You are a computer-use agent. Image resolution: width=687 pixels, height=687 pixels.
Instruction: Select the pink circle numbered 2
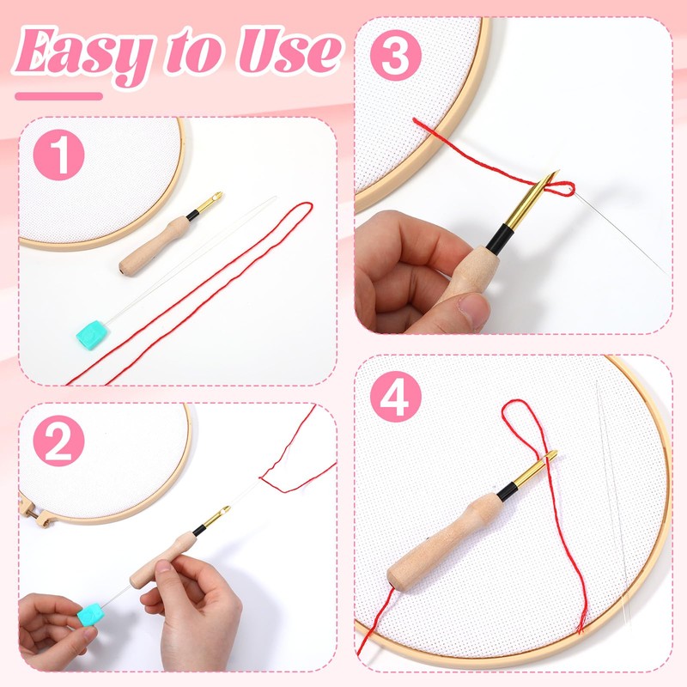point(58,442)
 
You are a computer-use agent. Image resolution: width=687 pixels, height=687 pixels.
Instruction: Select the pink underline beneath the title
point(59,96)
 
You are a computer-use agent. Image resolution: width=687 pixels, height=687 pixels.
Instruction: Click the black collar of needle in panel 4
point(508,490)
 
